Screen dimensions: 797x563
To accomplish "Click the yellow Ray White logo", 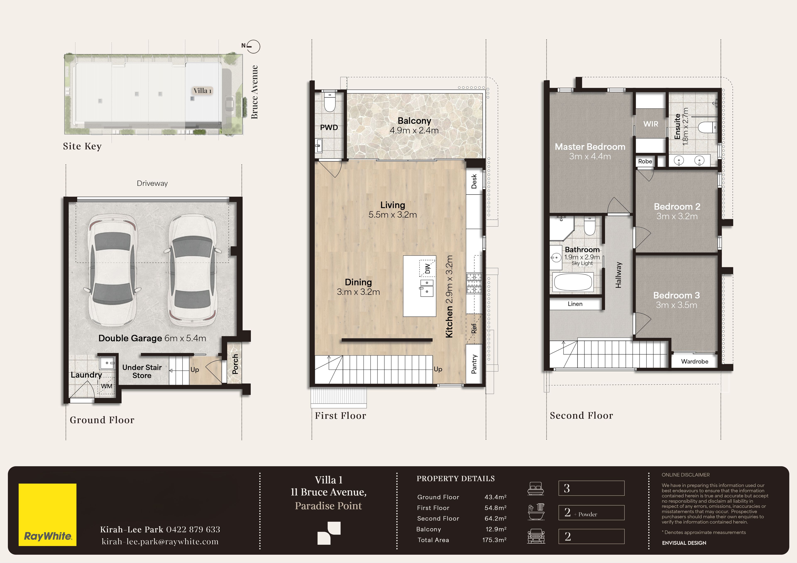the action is coord(48,514).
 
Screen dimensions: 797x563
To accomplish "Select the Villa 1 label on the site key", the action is coord(202,91).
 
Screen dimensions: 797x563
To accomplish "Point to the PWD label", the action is coord(329,127).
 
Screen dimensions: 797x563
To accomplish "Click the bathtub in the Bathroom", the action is coord(573,282).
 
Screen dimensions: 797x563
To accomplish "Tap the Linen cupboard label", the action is coord(575,304).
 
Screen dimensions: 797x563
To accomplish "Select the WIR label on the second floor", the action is coord(650,124).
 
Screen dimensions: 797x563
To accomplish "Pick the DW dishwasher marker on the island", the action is coord(428,268).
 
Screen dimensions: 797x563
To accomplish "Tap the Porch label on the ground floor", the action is coord(235,364).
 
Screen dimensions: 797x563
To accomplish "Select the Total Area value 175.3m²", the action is coord(494,540).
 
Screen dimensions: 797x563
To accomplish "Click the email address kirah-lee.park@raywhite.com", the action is coord(160,541).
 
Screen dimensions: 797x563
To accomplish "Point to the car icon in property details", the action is coord(536,536).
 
